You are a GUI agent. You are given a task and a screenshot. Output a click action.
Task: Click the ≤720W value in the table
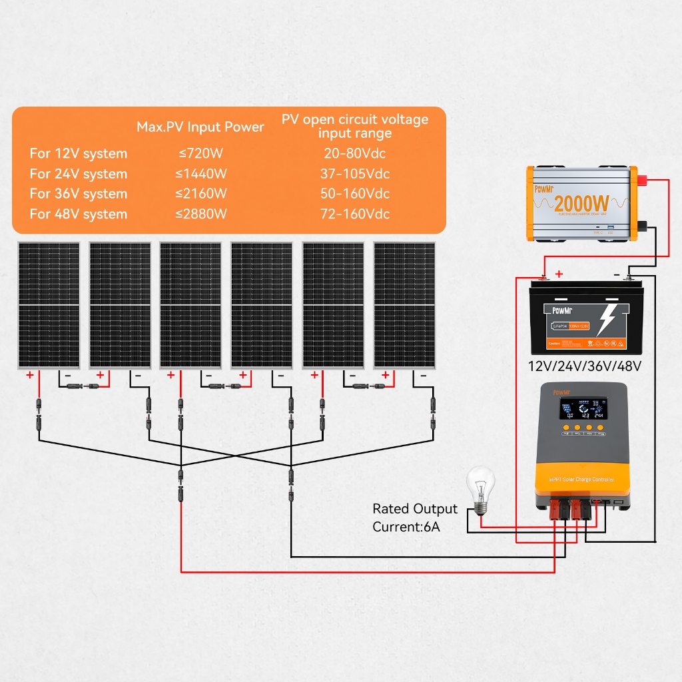coord(200,154)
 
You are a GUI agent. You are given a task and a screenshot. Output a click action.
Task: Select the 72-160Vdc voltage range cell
coord(355,214)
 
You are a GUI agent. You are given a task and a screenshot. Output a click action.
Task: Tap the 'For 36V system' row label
coord(79,194)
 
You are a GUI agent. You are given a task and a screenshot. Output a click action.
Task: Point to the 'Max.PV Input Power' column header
coord(200,127)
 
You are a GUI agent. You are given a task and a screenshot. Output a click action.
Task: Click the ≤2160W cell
coord(200,194)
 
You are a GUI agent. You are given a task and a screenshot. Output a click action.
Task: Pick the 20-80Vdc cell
coord(355,154)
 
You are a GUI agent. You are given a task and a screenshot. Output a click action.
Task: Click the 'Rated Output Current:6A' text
coord(414,517)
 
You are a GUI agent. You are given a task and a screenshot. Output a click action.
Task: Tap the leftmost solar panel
coord(49,304)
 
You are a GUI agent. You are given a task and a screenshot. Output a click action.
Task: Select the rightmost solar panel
coord(405,304)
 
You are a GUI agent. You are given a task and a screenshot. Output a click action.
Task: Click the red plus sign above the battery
coord(559,274)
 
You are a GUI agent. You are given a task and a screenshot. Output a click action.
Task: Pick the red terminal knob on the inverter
coord(645,180)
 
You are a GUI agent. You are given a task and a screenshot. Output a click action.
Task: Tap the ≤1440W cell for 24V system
coord(200,174)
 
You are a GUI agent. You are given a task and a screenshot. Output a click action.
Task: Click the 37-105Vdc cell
coord(355,174)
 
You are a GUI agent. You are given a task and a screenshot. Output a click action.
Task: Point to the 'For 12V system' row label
coord(79,154)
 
